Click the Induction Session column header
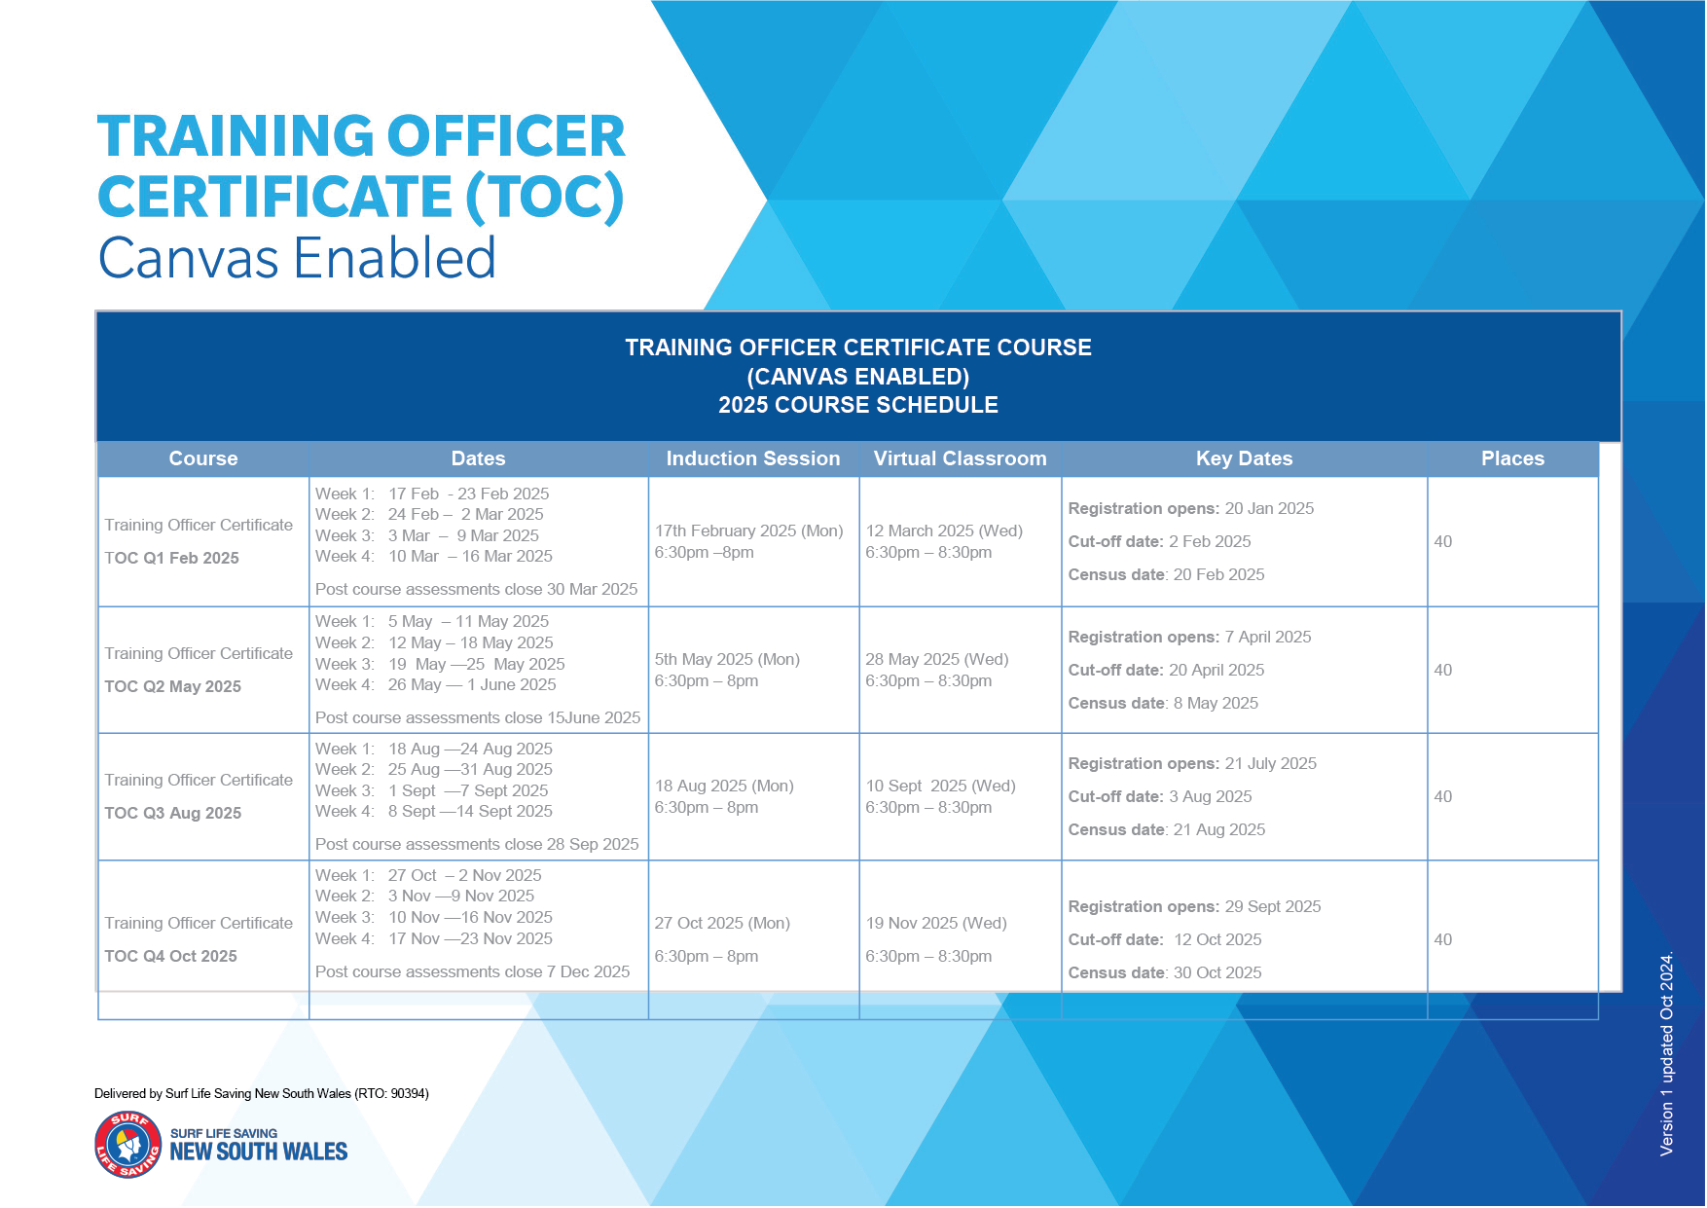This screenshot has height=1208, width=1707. tap(752, 458)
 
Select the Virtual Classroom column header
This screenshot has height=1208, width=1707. tap(960, 458)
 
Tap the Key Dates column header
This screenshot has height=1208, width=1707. tap(1244, 458)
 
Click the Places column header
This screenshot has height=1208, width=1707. tap(1512, 458)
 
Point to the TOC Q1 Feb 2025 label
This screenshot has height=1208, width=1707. tap(171, 558)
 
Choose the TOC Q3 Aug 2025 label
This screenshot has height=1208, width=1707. tap(172, 813)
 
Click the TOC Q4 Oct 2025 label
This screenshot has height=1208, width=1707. tap(170, 956)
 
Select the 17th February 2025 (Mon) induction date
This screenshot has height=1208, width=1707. tap(748, 531)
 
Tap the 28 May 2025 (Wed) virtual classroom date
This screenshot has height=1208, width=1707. tap(936, 659)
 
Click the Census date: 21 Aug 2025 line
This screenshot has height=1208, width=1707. tap(1166, 829)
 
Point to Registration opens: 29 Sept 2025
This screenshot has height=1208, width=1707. tap(1194, 906)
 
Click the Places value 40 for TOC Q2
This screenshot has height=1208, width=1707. tap(1442, 670)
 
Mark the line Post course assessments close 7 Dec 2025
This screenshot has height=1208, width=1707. tap(472, 971)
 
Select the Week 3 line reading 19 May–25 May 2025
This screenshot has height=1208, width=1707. tap(440, 664)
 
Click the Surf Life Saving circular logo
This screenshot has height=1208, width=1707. tap(128, 1145)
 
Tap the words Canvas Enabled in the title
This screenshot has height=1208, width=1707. tap(297, 258)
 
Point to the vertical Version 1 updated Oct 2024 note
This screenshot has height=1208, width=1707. tap(1666, 1053)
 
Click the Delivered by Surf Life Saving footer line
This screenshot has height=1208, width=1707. tap(261, 1093)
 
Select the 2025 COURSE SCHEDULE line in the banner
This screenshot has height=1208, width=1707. tap(857, 405)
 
